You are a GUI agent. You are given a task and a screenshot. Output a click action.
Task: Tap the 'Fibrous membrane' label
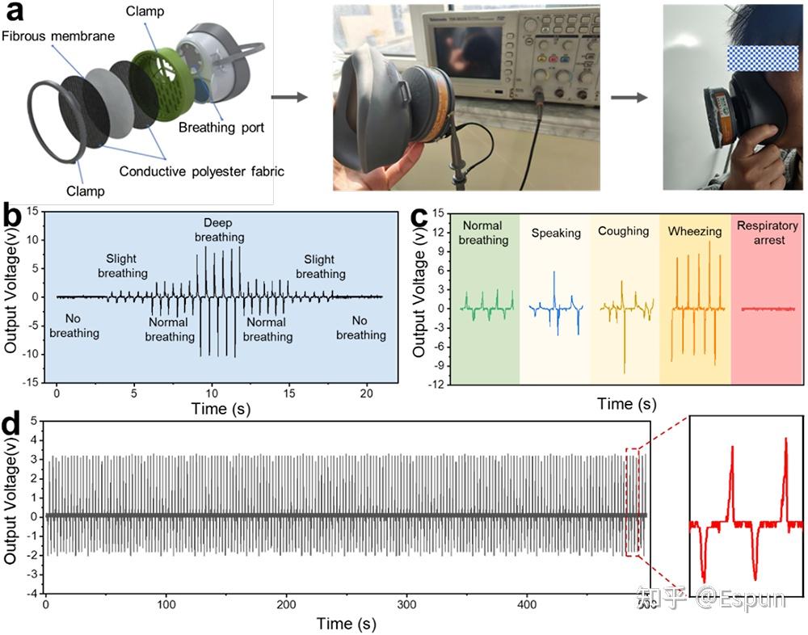coord(59,36)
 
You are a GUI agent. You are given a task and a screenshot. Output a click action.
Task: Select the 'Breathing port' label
coord(221,128)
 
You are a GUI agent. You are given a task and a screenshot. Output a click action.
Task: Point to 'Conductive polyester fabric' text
coord(201,171)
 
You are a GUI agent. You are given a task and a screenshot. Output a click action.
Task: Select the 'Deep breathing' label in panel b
coord(219,229)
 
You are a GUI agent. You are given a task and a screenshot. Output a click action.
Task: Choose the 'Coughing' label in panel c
coord(623,231)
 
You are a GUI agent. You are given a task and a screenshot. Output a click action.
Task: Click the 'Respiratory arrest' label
coord(767,233)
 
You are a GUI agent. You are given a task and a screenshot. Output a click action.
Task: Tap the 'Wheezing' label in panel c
coord(694,232)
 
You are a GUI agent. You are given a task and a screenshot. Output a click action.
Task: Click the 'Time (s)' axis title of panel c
coord(626,404)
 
